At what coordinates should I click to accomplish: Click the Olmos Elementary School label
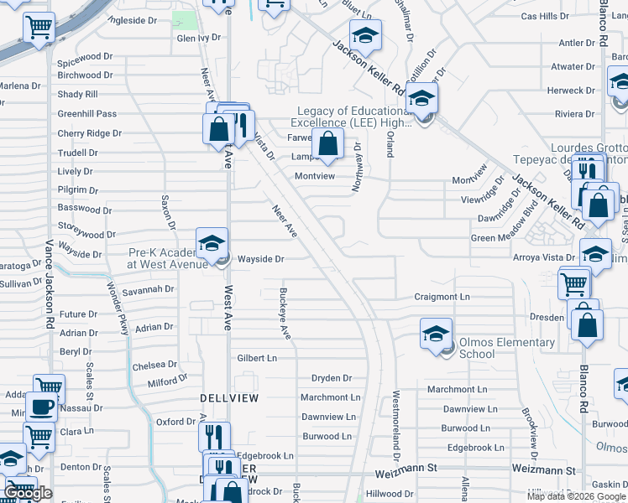point(506,348)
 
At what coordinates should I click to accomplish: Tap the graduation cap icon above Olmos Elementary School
point(436,334)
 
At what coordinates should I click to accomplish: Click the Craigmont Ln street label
point(442,297)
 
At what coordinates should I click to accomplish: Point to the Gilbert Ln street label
point(256,358)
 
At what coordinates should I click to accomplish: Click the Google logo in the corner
point(28,493)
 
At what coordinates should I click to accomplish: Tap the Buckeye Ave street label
point(285,314)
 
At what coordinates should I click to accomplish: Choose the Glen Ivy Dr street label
point(198,38)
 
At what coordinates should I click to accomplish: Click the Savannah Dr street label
point(152,289)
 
